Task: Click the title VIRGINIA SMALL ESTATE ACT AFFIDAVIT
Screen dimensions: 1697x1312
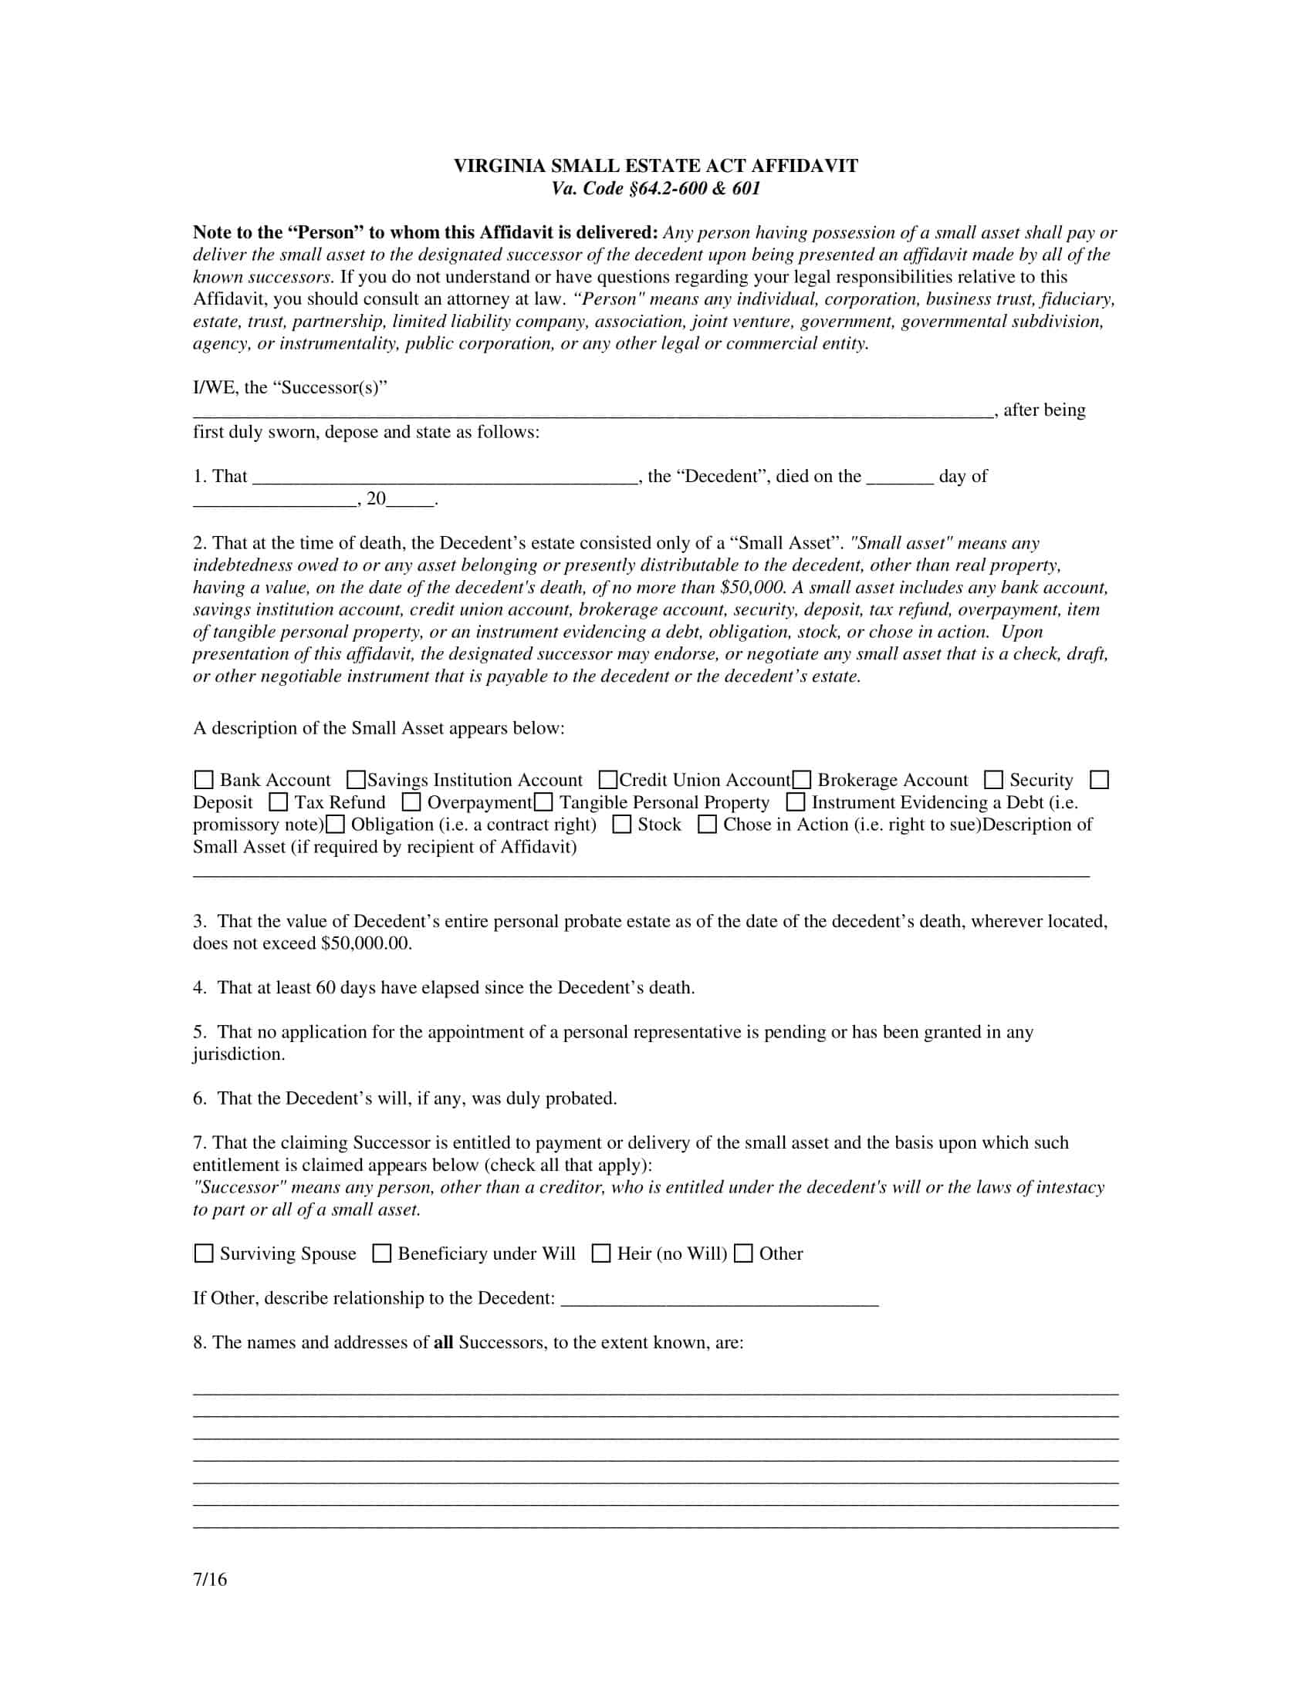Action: point(655,166)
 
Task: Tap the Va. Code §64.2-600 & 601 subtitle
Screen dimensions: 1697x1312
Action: point(655,188)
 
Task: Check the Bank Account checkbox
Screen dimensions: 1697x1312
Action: point(204,779)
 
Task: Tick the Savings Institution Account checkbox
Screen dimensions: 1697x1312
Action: point(356,779)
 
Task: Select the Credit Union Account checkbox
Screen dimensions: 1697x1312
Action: point(609,779)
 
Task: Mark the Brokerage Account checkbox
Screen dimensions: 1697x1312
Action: point(801,779)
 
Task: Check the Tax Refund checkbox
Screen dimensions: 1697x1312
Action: point(279,802)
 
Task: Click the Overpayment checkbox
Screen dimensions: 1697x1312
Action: point(411,802)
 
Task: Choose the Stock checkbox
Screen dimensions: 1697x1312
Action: point(622,825)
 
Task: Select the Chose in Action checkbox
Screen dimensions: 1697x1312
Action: point(707,825)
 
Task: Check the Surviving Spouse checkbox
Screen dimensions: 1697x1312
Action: point(204,1253)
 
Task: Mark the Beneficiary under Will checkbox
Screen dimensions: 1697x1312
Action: point(381,1253)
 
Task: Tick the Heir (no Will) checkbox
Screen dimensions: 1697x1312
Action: point(600,1253)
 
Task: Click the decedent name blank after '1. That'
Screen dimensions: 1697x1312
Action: point(445,477)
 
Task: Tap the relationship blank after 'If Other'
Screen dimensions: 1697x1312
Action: point(719,1298)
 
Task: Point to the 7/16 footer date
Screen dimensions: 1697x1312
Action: point(210,1580)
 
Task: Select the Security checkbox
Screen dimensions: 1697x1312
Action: point(993,779)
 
